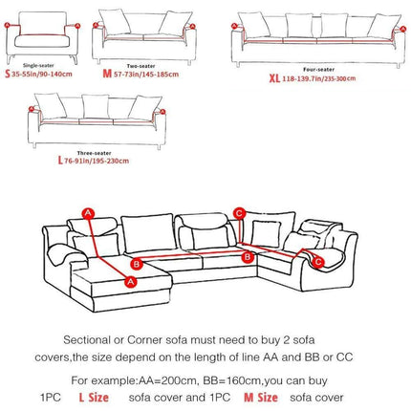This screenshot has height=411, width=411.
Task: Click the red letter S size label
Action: coord(7,72)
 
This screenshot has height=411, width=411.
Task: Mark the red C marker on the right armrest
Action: coord(320,261)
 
